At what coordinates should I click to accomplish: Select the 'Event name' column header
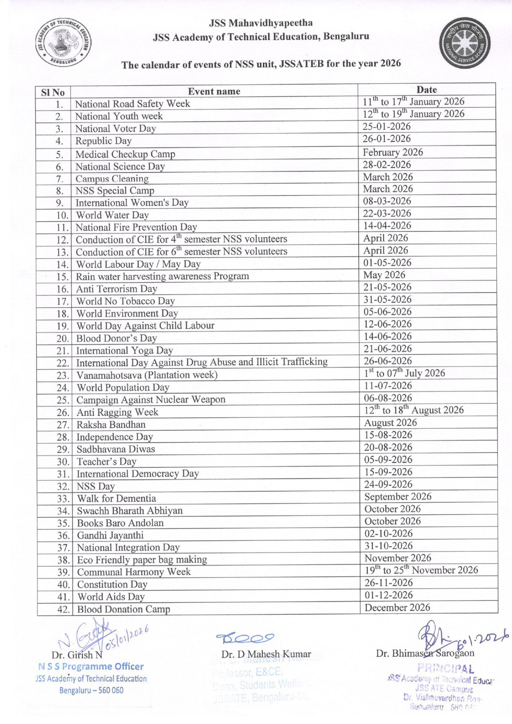(x=214, y=92)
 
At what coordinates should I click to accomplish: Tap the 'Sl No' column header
(x=53, y=92)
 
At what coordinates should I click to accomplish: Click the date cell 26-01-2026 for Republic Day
(x=387, y=139)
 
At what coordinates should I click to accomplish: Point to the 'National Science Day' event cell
(x=120, y=167)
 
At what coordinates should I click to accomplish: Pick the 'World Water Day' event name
(x=112, y=215)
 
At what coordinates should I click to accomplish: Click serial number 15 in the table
(x=62, y=277)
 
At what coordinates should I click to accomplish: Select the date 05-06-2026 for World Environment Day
(x=388, y=312)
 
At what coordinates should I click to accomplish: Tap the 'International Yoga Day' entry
(x=124, y=351)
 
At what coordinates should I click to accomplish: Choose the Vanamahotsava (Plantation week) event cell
(x=147, y=375)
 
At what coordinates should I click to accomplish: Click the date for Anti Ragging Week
(x=413, y=410)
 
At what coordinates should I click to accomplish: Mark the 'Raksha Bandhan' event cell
(x=111, y=424)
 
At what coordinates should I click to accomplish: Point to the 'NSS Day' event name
(x=96, y=486)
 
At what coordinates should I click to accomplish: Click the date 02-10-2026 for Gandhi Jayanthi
(x=388, y=533)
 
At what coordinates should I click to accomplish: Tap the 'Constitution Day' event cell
(x=112, y=585)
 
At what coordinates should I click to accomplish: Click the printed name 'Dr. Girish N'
(x=77, y=655)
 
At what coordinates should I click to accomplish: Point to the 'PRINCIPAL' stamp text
(x=445, y=668)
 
